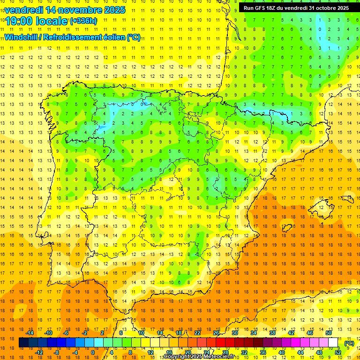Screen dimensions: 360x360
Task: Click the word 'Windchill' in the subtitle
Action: tap(23, 37)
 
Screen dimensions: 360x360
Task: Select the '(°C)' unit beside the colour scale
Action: tap(349, 343)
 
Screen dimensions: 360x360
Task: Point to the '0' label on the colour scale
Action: tap(93, 352)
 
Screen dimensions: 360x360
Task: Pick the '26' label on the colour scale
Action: tap(216, 333)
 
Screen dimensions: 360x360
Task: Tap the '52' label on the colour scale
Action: tap(338, 352)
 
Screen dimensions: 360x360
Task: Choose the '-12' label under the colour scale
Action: tap(39, 352)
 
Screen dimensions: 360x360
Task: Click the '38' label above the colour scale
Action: tap(272, 333)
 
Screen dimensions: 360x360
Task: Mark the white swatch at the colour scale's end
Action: tap(333, 343)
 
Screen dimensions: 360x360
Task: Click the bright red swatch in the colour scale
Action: tap(221, 343)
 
